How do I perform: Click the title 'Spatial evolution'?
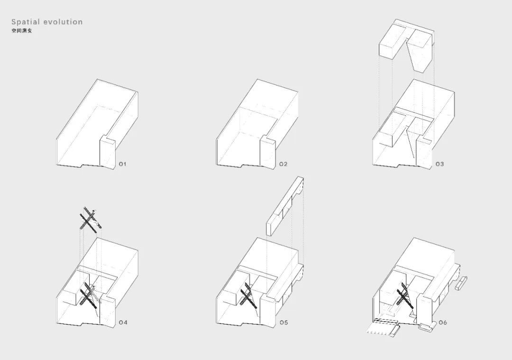pyautogui.click(x=47, y=22)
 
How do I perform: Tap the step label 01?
pyautogui.click(x=122, y=164)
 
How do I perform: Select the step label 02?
pyautogui.click(x=283, y=164)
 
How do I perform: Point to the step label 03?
pyautogui.click(x=439, y=164)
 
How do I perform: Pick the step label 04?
pyautogui.click(x=123, y=323)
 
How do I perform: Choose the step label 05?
pyautogui.click(x=283, y=323)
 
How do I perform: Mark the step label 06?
pyautogui.click(x=442, y=323)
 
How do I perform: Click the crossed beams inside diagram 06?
pyautogui.click(x=403, y=295)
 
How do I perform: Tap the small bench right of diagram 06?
pyautogui.click(x=461, y=286)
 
